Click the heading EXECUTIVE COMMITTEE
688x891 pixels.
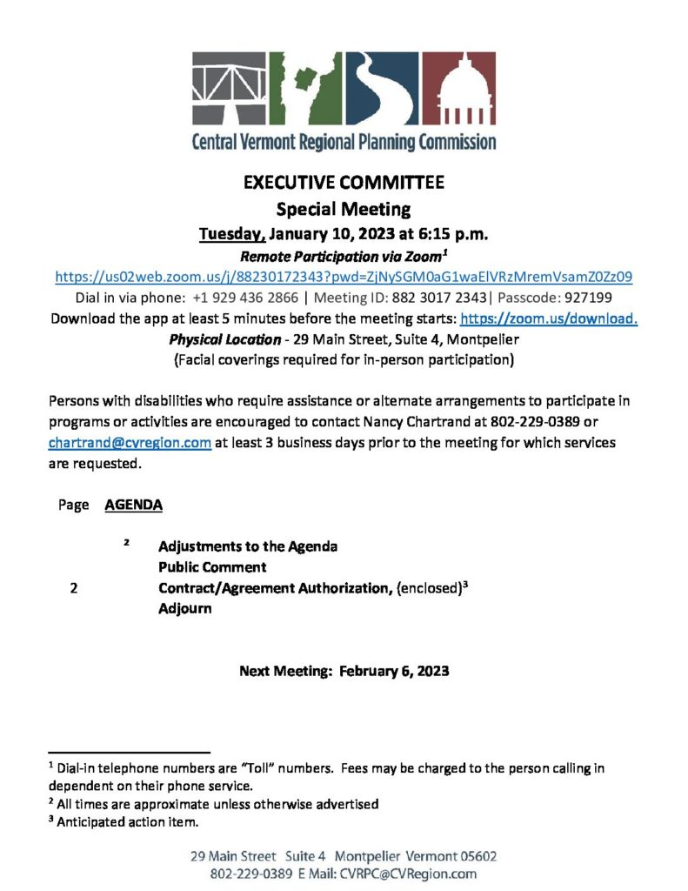(x=344, y=184)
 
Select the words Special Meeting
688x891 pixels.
(x=344, y=209)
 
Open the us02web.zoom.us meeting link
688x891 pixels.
(x=344, y=277)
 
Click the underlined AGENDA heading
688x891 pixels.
(x=133, y=505)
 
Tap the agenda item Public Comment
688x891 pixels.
(x=212, y=567)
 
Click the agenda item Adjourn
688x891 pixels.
(x=184, y=609)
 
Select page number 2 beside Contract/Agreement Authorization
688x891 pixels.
(x=74, y=588)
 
